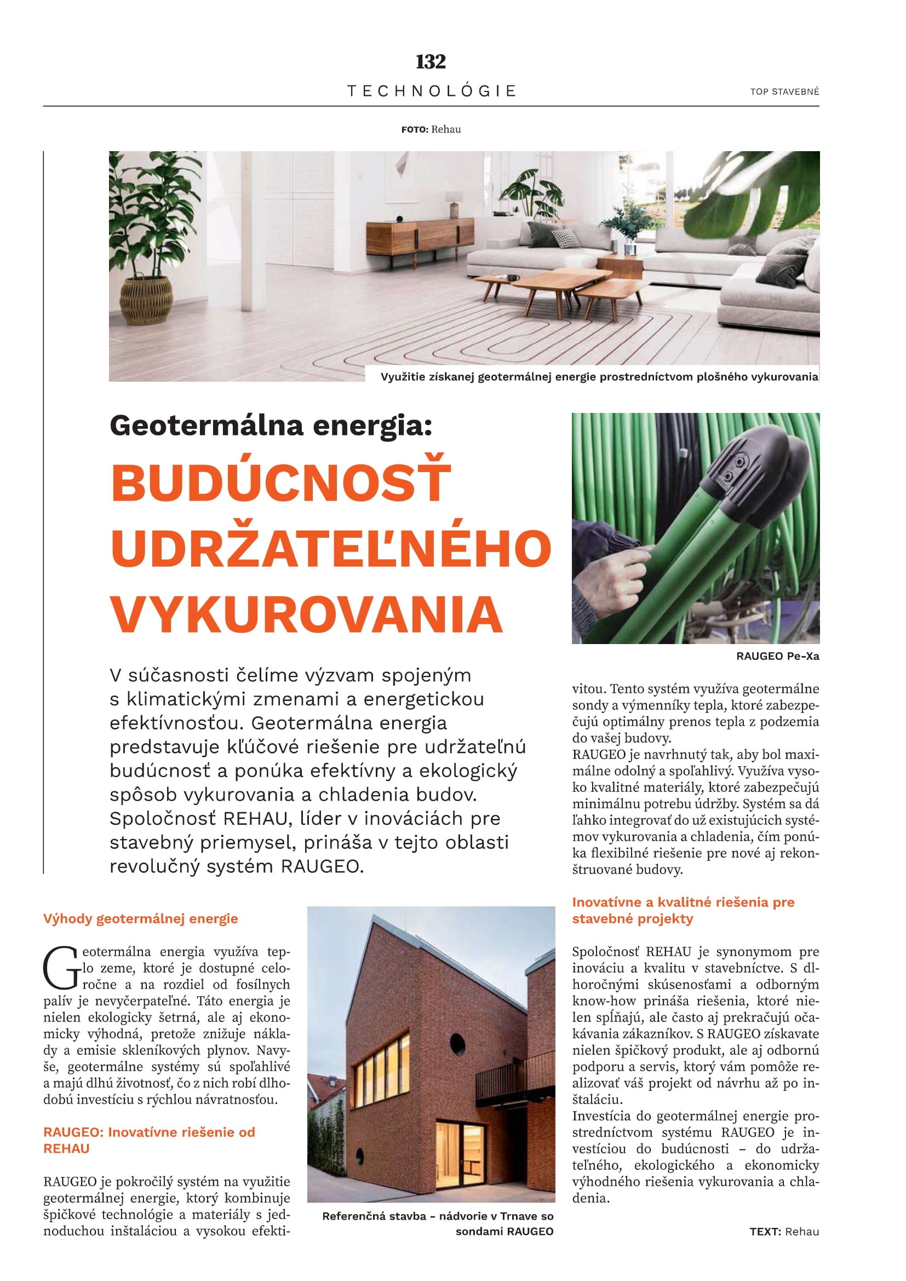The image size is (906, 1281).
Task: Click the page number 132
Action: pos(430,61)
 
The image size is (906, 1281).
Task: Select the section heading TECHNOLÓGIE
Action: pos(431,91)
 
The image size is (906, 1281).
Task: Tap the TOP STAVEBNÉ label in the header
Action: pos(784,91)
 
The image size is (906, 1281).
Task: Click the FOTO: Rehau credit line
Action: pos(431,129)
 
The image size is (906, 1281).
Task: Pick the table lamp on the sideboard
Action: pos(454,204)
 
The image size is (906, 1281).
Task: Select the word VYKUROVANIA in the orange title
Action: pos(307,614)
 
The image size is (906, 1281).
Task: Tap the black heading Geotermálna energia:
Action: pos(271,426)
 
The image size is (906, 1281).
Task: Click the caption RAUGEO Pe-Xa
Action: pos(777,656)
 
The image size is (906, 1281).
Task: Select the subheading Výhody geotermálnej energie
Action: pos(141,918)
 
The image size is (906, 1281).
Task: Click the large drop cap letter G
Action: pos(60,967)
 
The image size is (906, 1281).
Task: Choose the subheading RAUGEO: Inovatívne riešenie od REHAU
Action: pos(149,1140)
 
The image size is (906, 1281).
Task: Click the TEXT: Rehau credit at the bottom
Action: pos(784,1231)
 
